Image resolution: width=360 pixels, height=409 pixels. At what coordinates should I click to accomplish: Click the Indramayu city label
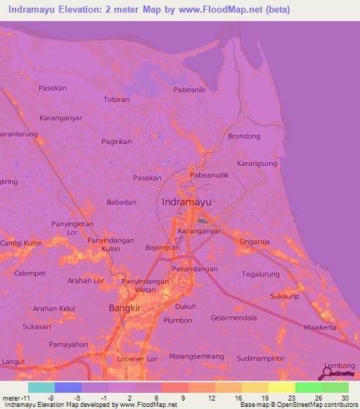(187, 202)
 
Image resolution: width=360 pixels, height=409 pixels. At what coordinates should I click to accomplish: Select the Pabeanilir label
(189, 90)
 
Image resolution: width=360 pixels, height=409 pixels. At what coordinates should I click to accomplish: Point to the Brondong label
(245, 136)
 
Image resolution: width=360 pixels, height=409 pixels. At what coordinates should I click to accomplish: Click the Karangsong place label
(257, 163)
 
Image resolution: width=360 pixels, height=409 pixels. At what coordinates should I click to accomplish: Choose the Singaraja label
(255, 241)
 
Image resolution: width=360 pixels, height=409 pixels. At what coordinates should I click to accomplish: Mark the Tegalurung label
(261, 274)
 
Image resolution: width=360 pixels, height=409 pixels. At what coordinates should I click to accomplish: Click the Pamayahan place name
(68, 345)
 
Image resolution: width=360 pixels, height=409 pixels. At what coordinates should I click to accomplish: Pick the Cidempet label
(30, 273)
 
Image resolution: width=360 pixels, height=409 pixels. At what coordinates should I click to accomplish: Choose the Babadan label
(121, 202)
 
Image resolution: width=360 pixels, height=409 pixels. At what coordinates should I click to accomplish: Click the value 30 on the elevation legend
(345, 397)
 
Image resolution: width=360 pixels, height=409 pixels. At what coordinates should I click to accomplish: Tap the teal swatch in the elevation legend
(41, 387)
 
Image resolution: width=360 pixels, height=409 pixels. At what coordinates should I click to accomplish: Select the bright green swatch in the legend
(308, 387)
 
